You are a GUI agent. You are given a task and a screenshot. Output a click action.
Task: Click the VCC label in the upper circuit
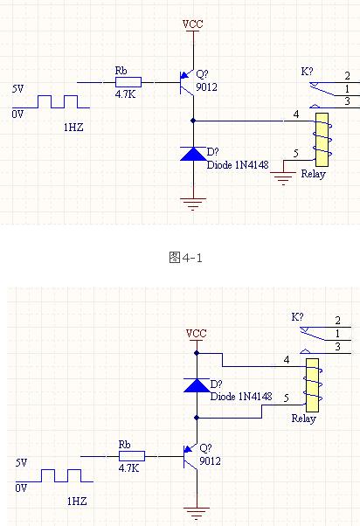click(193, 24)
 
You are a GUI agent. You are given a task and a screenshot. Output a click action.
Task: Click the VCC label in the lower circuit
click(197, 334)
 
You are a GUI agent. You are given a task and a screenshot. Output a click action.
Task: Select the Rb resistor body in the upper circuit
click(128, 82)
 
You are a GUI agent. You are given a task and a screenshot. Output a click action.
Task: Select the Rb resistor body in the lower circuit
click(132, 456)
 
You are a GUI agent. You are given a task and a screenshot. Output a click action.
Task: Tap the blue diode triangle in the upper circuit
click(193, 154)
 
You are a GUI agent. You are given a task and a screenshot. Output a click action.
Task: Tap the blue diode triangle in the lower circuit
click(197, 385)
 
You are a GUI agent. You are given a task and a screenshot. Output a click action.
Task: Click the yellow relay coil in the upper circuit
click(322, 140)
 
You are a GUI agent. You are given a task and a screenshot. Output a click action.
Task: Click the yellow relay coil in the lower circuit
click(312, 385)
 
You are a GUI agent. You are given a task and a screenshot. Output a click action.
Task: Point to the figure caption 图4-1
click(185, 258)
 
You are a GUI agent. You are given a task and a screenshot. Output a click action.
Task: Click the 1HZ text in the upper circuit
click(73, 128)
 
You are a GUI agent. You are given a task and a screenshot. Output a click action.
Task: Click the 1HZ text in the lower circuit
click(77, 502)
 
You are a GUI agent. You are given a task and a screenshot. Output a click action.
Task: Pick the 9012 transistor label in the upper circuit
click(206, 87)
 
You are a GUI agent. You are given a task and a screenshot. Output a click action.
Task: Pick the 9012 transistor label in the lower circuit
click(210, 461)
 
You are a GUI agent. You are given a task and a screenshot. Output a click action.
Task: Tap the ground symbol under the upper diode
click(193, 204)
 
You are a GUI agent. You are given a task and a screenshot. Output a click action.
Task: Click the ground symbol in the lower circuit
click(197, 513)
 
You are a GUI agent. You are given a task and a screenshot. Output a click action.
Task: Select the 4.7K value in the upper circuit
click(125, 94)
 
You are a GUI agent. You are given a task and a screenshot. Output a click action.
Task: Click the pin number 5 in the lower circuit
click(287, 398)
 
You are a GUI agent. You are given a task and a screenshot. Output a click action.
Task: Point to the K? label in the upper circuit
click(307, 72)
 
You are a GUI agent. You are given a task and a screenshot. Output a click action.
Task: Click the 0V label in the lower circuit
click(21, 488)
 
